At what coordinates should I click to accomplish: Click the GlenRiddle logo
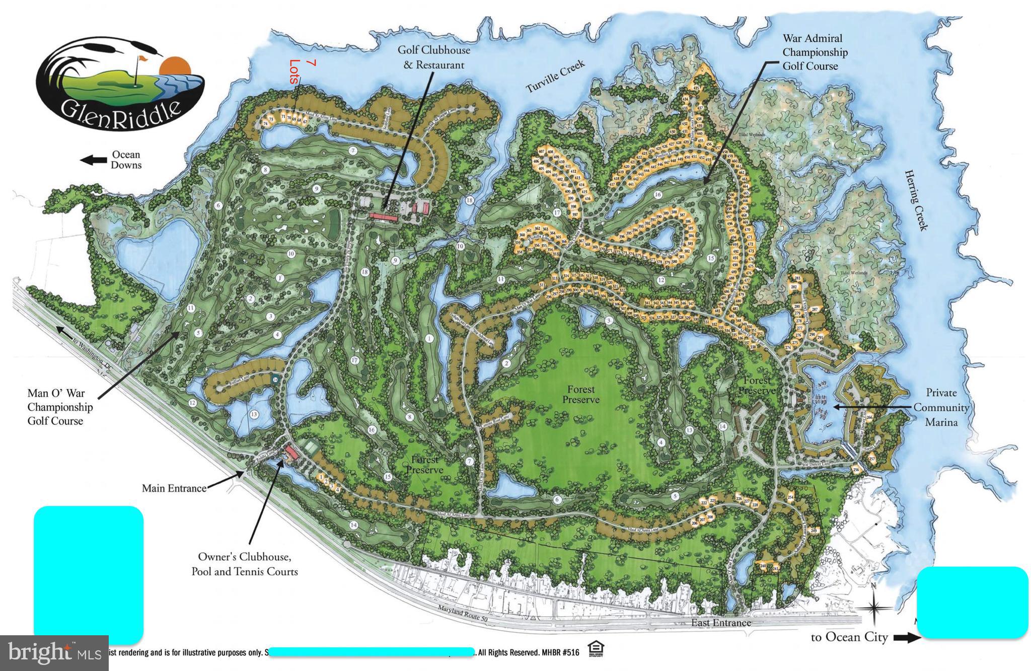119,83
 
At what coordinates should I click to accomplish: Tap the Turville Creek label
555,77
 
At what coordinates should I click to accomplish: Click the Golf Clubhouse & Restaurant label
433,57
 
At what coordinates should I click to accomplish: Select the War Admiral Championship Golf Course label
815,52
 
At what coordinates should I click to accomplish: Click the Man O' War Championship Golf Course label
60,407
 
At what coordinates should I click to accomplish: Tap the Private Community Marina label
941,407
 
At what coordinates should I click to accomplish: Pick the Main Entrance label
174,488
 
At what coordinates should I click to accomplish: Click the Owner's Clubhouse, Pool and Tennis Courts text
244,564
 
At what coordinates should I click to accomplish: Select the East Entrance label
720,623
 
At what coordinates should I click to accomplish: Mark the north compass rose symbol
874,608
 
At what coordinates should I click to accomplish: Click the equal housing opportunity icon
596,650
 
